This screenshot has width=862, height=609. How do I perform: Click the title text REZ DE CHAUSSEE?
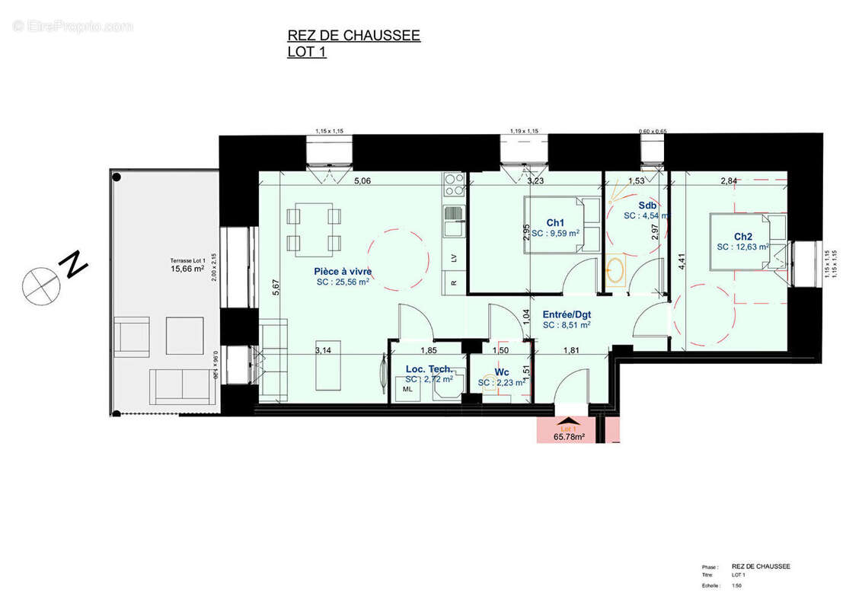pyautogui.click(x=353, y=35)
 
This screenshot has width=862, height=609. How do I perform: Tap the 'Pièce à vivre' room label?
pyautogui.click(x=343, y=271)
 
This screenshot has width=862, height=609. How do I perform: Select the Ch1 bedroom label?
pyautogui.click(x=555, y=223)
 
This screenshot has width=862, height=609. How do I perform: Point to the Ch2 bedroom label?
pyautogui.click(x=743, y=236)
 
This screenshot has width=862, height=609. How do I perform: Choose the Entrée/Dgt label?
pyautogui.click(x=567, y=314)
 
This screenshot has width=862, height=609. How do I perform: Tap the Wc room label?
pyautogui.click(x=502, y=372)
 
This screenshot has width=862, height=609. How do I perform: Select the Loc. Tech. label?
pyautogui.click(x=429, y=369)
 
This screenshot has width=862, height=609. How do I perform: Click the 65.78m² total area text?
pyautogui.click(x=569, y=437)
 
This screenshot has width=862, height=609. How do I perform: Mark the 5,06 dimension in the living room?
pyautogui.click(x=362, y=181)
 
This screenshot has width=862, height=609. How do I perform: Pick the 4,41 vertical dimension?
pyautogui.click(x=682, y=261)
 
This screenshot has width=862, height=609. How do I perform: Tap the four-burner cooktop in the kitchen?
pyautogui.click(x=454, y=184)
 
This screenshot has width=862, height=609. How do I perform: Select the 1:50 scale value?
pyautogui.click(x=737, y=585)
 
